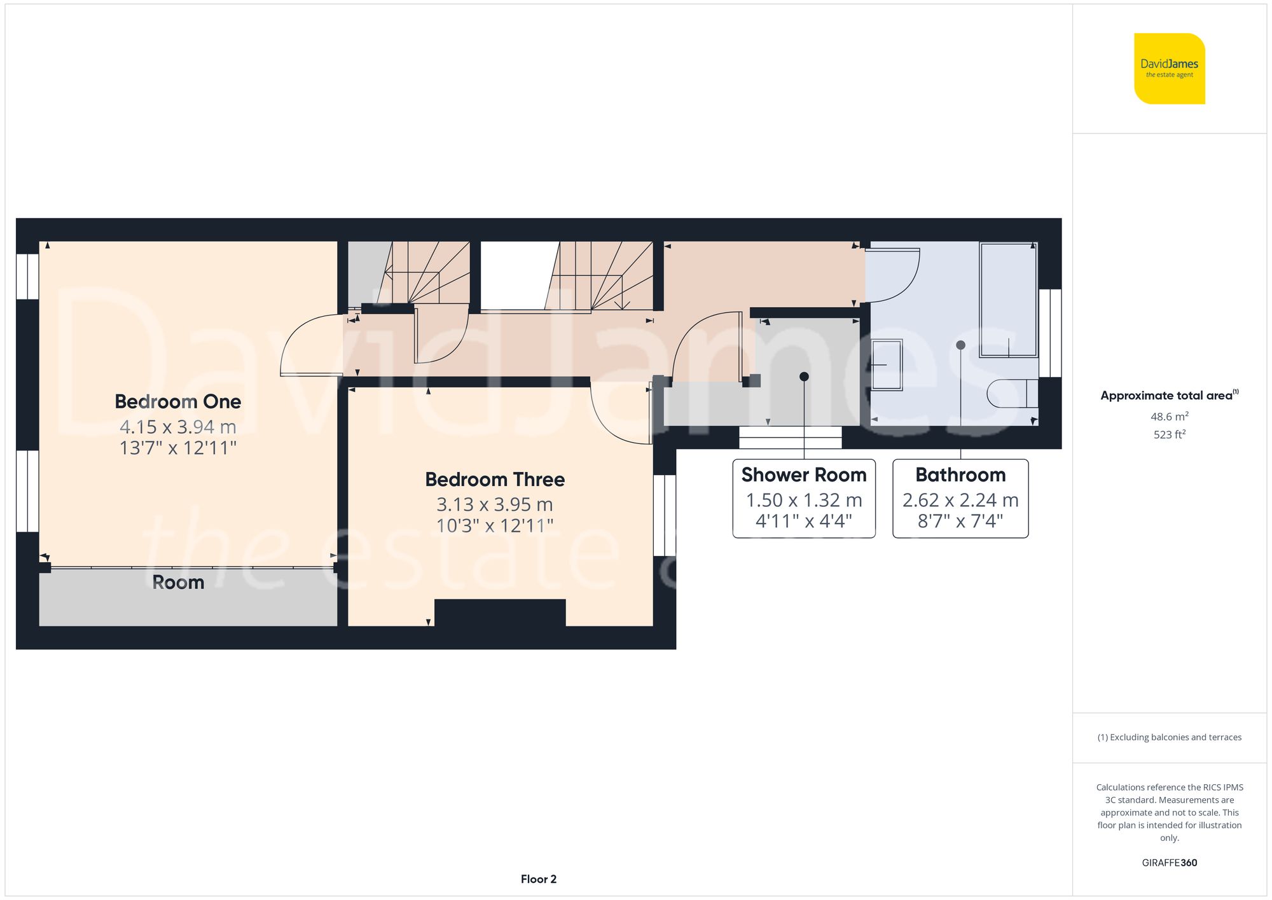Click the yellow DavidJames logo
point(1169,69)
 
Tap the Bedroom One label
point(177,402)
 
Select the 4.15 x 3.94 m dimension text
point(177,426)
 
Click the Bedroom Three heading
point(494,480)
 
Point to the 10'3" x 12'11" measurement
point(494,526)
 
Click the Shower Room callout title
point(803,475)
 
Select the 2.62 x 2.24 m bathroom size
point(960,500)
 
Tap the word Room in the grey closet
point(178,583)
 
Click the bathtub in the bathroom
point(1009,299)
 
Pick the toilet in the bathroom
point(1011,394)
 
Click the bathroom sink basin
point(887,364)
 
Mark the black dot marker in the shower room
point(804,377)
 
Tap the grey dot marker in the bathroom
point(960,345)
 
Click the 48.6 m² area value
point(1169,417)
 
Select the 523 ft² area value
point(1169,434)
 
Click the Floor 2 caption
point(538,879)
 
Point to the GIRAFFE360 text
point(1169,862)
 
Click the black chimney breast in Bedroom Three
point(500,613)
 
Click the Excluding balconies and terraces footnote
point(1169,737)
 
